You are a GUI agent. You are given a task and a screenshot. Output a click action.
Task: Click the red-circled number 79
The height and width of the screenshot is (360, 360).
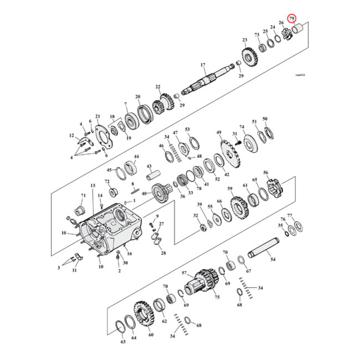[292, 18]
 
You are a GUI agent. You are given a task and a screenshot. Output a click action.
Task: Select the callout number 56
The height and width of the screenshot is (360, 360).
[265, 173]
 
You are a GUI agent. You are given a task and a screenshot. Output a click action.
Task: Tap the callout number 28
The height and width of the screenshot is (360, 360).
[163, 253]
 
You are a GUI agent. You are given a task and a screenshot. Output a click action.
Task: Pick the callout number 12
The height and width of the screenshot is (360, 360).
[71, 135]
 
